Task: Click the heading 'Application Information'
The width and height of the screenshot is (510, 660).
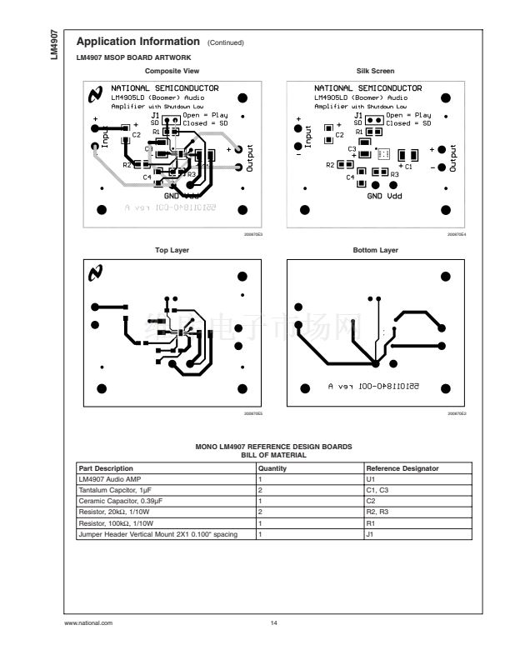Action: pyautogui.click(x=137, y=42)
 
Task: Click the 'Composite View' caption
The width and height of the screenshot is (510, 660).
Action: pyautogui.click(x=167, y=71)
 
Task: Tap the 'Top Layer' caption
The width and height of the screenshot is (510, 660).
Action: pyautogui.click(x=167, y=249)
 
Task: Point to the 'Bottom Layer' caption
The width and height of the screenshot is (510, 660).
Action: pyautogui.click(x=376, y=249)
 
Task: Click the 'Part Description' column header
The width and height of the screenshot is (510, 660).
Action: pyautogui.click(x=106, y=468)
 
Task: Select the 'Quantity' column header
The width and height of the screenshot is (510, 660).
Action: pyautogui.click(x=272, y=468)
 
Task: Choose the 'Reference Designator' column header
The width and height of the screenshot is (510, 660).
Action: pyautogui.click(x=402, y=468)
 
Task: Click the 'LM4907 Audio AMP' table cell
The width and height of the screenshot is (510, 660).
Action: pyautogui.click(x=104, y=479)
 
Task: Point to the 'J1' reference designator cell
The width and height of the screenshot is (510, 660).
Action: pyautogui.click(x=371, y=532)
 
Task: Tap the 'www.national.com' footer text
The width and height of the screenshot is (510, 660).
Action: pyautogui.click(x=88, y=622)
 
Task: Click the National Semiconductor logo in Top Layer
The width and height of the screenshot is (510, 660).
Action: pyautogui.click(x=97, y=272)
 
